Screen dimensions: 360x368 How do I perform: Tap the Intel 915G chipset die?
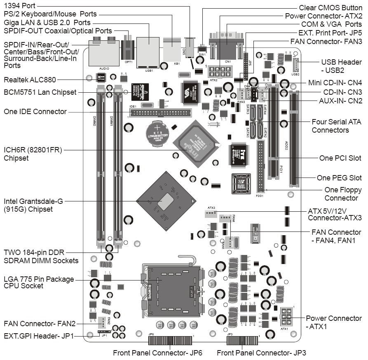[x=166, y=201]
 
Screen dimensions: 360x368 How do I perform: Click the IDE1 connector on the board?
[x=160, y=113]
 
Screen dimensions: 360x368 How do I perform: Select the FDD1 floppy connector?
[x=261, y=165]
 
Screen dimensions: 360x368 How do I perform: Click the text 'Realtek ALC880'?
[x=30, y=79]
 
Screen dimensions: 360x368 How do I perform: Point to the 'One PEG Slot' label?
[x=339, y=178]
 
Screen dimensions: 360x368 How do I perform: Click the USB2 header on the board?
[x=295, y=65]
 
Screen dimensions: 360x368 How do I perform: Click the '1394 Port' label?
[x=19, y=6]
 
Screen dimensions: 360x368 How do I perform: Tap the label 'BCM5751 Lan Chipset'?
[x=40, y=92]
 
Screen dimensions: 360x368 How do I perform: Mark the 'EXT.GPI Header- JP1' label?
[x=39, y=336]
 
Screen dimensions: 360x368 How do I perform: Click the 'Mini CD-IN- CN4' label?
[x=335, y=82]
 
